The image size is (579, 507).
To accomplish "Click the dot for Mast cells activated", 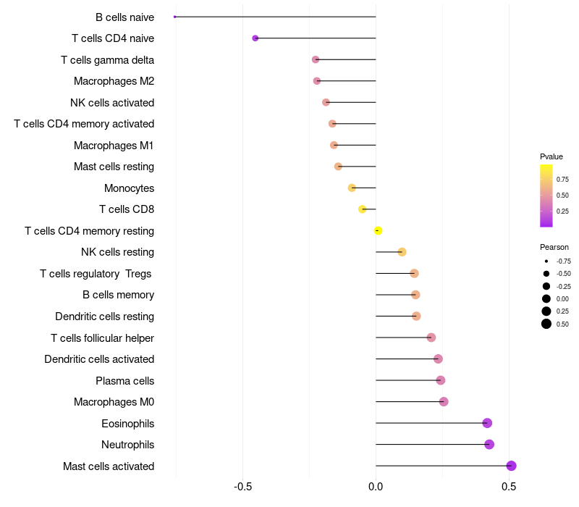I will click(x=511, y=466).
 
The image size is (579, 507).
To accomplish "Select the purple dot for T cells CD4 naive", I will click(x=255, y=38).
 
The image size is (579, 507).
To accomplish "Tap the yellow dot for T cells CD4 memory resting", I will click(x=378, y=230).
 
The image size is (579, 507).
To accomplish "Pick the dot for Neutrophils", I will click(x=489, y=444).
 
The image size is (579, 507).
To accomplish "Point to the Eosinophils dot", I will click(x=487, y=423).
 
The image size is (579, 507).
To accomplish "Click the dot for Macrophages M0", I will click(x=444, y=401).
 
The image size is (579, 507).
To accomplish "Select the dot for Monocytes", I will click(x=352, y=188).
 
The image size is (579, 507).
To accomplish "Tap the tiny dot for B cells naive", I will click(x=175, y=17).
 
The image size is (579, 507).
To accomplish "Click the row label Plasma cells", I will click(x=124, y=380).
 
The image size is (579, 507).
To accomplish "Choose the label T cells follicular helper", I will click(x=102, y=338).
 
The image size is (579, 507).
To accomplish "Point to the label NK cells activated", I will click(x=112, y=102).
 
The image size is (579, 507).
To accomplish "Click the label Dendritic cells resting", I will click(x=104, y=316).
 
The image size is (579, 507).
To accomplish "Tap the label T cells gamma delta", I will click(x=107, y=59).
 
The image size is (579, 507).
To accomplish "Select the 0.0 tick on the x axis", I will click(x=376, y=485).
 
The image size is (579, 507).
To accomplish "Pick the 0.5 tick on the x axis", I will click(x=510, y=485).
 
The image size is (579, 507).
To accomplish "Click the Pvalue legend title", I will click(x=551, y=156).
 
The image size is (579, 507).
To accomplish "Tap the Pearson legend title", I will click(x=554, y=247).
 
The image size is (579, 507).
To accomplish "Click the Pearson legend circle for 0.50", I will click(x=546, y=324).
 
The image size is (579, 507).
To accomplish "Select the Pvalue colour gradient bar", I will click(x=546, y=196).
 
